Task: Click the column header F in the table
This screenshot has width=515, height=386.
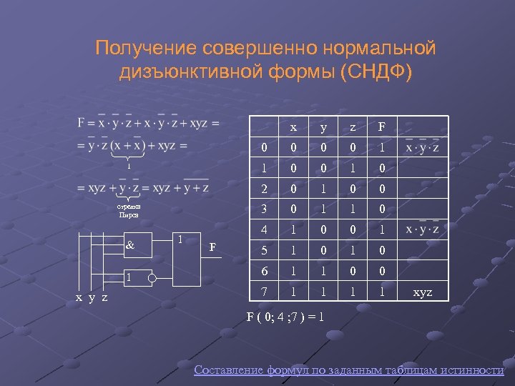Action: pyautogui.click(x=381, y=127)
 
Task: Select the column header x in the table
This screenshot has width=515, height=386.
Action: pyautogui.click(x=293, y=127)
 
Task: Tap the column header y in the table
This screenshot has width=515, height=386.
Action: pyautogui.click(x=323, y=127)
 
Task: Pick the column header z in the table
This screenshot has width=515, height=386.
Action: pyautogui.click(x=353, y=127)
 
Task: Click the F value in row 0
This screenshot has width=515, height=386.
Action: pyautogui.click(x=381, y=148)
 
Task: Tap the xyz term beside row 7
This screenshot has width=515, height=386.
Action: pyautogui.click(x=423, y=293)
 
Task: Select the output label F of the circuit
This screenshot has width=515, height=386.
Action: pyautogui.click(x=212, y=248)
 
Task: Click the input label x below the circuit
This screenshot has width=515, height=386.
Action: pyautogui.click(x=79, y=298)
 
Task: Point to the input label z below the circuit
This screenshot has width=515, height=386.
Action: pyautogui.click(x=104, y=298)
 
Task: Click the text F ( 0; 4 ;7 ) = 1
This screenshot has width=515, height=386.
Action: pyautogui.click(x=285, y=315)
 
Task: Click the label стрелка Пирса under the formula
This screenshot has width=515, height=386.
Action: pyautogui.click(x=129, y=210)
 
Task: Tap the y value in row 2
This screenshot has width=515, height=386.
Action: pyautogui.click(x=323, y=189)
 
